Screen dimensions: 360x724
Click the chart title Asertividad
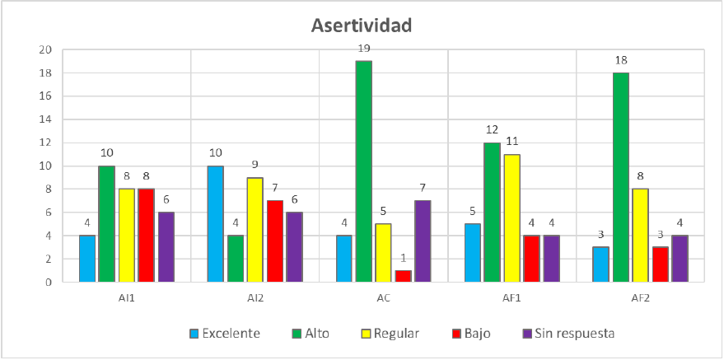pos(361,25)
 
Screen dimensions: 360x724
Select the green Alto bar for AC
pos(364,171)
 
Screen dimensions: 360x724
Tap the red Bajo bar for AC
pos(404,276)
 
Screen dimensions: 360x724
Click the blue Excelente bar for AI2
pos(216,224)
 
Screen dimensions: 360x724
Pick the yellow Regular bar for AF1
pos(512,218)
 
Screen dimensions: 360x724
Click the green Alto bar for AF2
pos(621,177)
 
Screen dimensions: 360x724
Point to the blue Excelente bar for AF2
pos(601,264)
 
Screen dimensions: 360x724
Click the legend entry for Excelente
pos(226,334)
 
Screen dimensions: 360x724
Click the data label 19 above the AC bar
pos(364,49)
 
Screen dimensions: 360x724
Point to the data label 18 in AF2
pos(621,61)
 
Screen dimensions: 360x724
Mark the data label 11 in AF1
pos(512,143)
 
